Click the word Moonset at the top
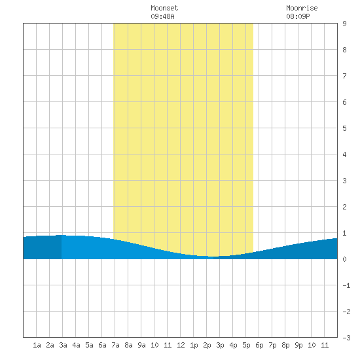(x=164, y=8)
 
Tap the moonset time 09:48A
(x=162, y=16)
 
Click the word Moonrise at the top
(x=302, y=8)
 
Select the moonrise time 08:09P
(x=298, y=16)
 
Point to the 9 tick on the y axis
(x=344, y=24)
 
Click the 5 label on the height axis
(x=344, y=128)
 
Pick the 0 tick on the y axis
(x=344, y=259)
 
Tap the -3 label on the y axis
(x=346, y=338)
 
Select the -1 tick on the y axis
(x=346, y=285)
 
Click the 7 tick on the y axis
(x=344, y=76)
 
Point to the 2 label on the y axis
(x=344, y=207)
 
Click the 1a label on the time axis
(x=37, y=345)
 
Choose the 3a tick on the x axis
(x=63, y=345)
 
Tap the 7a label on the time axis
(x=115, y=345)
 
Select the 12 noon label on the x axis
(x=181, y=345)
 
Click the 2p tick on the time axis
(x=207, y=345)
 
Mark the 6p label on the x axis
(x=259, y=345)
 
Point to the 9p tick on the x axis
(x=298, y=345)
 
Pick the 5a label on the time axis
(x=89, y=345)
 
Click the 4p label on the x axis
(x=233, y=345)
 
